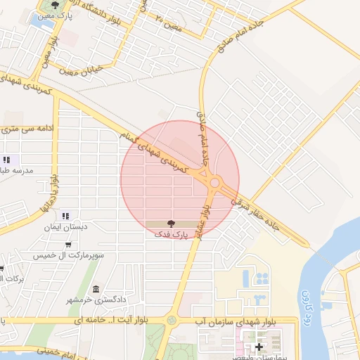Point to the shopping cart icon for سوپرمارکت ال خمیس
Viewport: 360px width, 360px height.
pyautogui.click(x=67, y=244)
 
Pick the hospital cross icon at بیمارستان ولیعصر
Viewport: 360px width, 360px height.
pyautogui.click(x=259, y=347)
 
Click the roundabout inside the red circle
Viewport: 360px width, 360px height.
pyautogui.click(x=214, y=182)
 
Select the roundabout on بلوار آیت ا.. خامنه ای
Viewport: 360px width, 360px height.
pyautogui.click(x=170, y=321)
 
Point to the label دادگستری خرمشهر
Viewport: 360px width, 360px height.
pyautogui.click(x=98, y=300)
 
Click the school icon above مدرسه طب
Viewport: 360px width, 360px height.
pyautogui.click(x=6, y=160)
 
